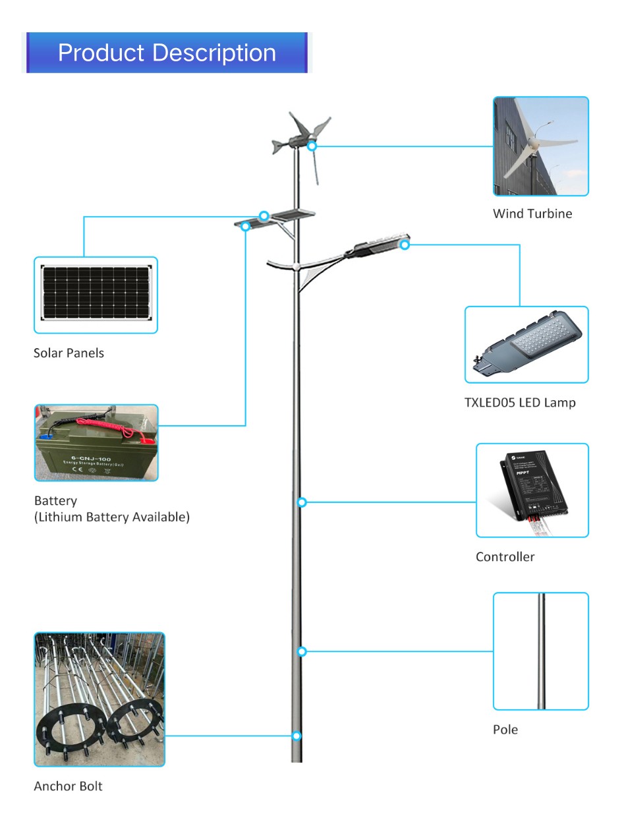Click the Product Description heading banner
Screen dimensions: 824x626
point(167,53)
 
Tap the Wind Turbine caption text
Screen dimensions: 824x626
point(532,214)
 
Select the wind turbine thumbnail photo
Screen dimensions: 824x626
point(540,146)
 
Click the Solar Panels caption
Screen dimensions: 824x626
point(69,353)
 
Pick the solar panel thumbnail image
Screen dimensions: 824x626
point(96,295)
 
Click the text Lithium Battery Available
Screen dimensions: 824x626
point(111,517)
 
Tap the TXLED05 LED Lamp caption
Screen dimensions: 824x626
point(519,402)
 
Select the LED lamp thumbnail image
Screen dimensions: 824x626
point(526,345)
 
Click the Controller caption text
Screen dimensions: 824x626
point(505,556)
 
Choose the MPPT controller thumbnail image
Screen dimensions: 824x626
point(532,490)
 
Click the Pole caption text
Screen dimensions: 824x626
point(505,729)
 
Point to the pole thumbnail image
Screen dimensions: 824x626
point(540,651)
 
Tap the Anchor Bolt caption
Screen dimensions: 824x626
point(68,786)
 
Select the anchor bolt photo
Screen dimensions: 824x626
point(99,699)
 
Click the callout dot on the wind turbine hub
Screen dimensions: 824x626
point(312,146)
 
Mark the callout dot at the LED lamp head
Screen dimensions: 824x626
point(405,245)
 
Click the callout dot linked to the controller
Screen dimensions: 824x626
point(302,502)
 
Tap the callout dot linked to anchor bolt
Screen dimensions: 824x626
point(297,735)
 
